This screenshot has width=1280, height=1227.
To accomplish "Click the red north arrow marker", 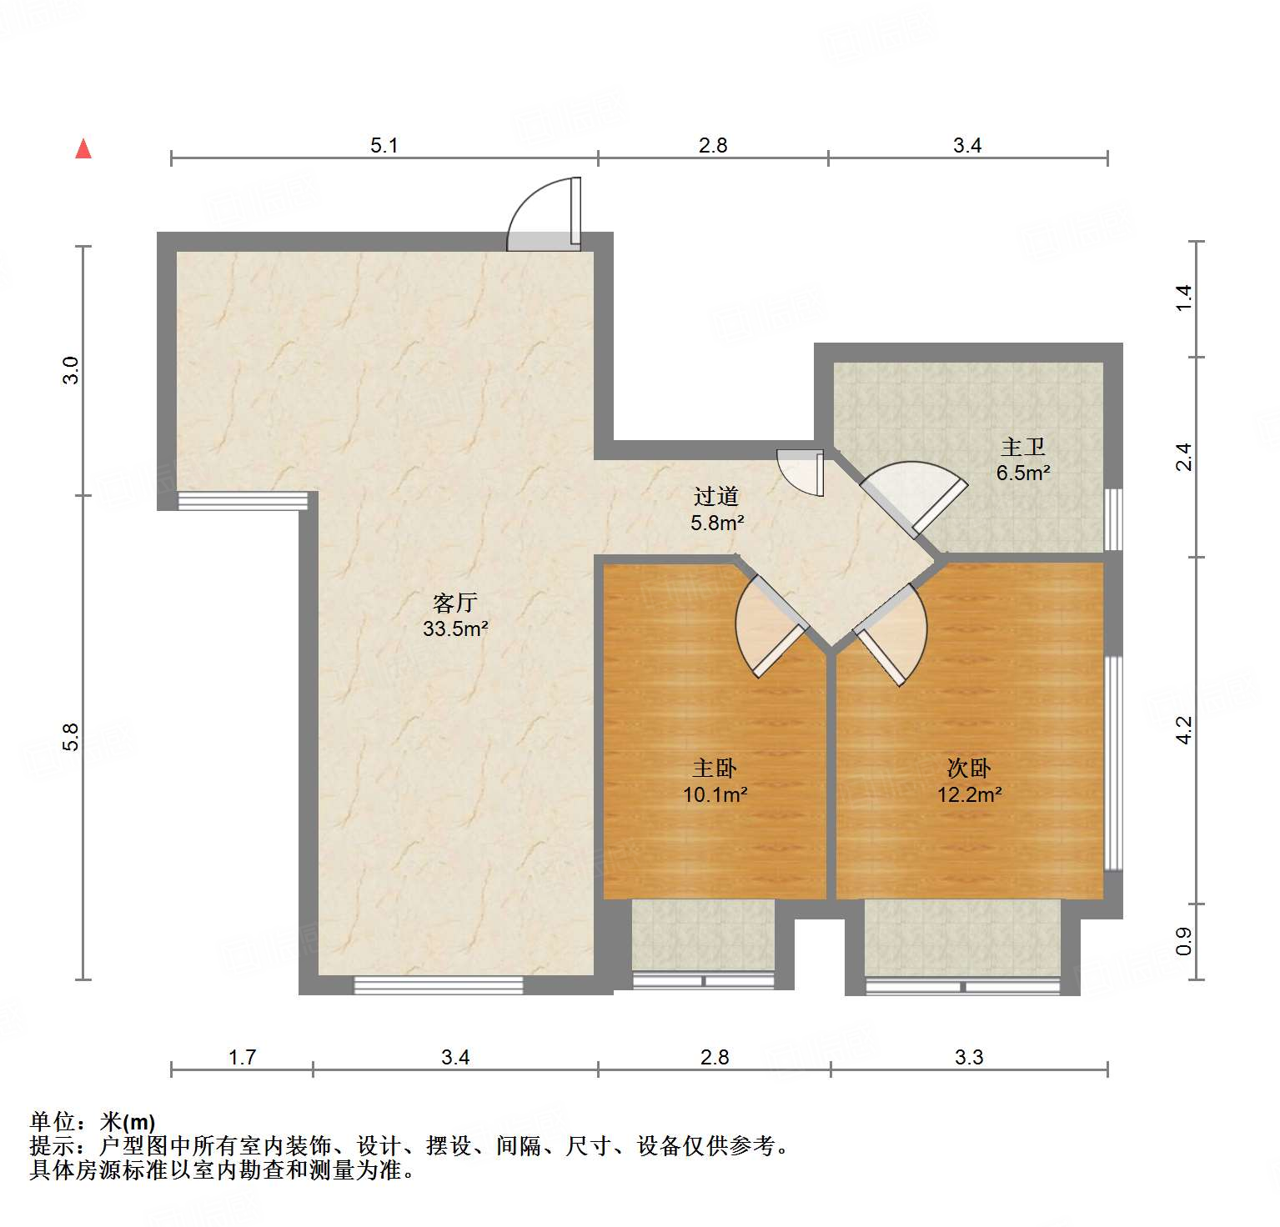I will tap(83, 148).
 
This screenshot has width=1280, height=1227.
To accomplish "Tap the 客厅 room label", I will tap(454, 602).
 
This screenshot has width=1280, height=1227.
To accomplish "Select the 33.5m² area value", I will tap(454, 629).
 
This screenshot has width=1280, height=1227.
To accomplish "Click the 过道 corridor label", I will tap(716, 497).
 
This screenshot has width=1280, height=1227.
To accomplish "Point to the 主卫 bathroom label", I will tap(1023, 448).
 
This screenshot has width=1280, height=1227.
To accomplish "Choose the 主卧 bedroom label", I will tap(715, 768).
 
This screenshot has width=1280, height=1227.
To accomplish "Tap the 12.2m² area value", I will tap(969, 794).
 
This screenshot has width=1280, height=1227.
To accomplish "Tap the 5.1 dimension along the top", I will tap(384, 146).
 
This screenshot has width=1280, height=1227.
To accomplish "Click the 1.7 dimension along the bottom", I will tap(242, 1058).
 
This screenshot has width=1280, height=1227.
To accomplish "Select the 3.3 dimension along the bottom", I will tap(969, 1058).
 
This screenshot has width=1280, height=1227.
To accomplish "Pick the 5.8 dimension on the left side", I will tap(72, 737).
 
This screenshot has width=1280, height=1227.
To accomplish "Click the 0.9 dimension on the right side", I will tap(1184, 941).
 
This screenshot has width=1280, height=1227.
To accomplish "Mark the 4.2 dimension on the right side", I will tap(1184, 730).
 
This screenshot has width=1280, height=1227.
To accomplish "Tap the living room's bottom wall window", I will tap(439, 985).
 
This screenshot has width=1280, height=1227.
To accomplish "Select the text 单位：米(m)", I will tap(93, 1121).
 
